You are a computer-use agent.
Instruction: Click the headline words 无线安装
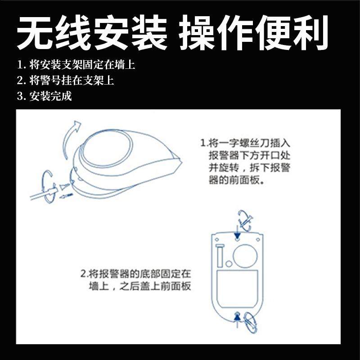93,34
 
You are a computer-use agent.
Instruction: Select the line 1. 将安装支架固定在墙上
76,65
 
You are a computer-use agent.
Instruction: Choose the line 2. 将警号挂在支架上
65,81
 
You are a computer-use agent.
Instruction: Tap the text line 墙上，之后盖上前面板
139,286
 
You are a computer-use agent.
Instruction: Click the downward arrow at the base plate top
237,235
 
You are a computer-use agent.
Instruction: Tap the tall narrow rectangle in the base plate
220,256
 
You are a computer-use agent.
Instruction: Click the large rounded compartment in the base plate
237,288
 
